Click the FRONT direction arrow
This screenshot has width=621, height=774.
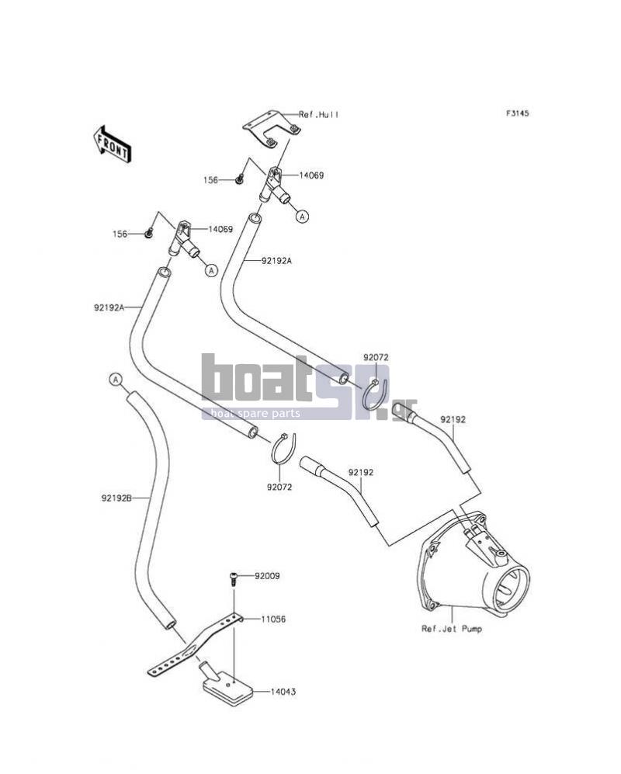click(x=112, y=143)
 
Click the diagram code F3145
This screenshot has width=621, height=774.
click(x=517, y=113)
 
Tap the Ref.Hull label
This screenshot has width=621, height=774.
click(x=319, y=115)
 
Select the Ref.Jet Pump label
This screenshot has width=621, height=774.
click(x=452, y=629)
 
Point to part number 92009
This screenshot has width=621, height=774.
click(x=267, y=576)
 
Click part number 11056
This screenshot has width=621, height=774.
click(x=273, y=619)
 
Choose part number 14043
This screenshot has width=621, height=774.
click(x=283, y=692)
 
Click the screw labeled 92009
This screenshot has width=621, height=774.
click(x=234, y=578)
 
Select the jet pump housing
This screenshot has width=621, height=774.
click(x=473, y=565)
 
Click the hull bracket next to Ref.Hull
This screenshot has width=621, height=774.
click(x=272, y=129)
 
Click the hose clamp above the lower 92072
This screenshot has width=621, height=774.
click(x=284, y=448)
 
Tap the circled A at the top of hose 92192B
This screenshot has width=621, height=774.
click(x=116, y=379)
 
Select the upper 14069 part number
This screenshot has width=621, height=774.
click(x=311, y=175)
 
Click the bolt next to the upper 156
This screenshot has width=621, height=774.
click(x=239, y=178)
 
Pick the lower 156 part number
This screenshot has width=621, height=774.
click(x=120, y=234)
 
